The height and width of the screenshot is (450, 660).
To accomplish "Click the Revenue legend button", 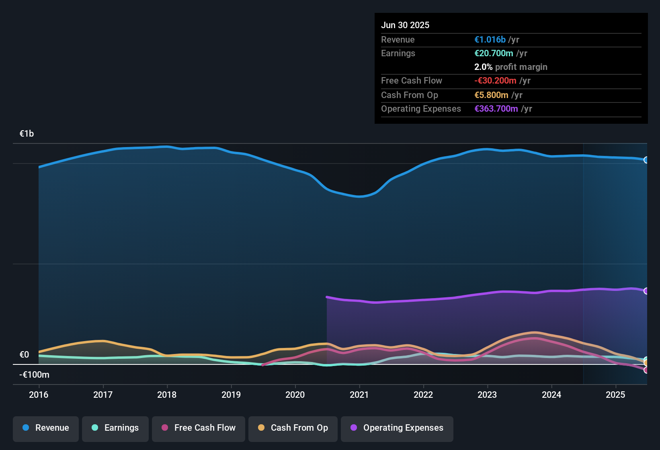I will [x=46, y=428].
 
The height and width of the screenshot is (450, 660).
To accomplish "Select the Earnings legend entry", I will [x=115, y=428].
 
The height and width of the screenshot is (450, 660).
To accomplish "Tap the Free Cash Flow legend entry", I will [x=199, y=428].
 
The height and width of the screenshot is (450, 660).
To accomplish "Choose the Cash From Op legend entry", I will [x=293, y=428].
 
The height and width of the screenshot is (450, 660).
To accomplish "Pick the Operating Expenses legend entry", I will [x=397, y=428].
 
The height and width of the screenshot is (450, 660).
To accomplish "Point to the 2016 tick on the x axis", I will [x=39, y=395].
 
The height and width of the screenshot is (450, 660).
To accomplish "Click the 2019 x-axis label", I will [x=231, y=395].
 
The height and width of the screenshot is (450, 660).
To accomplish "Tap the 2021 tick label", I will [x=359, y=395].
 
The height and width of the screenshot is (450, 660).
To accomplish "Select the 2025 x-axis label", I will [x=615, y=395].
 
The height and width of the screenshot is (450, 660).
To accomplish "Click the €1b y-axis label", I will [x=27, y=133].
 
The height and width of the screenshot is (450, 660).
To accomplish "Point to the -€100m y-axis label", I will [x=34, y=374].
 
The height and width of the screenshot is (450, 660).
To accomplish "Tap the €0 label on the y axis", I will [x=25, y=354].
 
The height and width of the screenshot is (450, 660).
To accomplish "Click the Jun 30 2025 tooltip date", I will [x=405, y=25].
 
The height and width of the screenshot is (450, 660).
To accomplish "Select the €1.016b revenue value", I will [x=490, y=39].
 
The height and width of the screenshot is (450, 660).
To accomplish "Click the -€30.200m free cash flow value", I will [x=495, y=80].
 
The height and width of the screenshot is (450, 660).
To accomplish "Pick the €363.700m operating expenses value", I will [x=496, y=108].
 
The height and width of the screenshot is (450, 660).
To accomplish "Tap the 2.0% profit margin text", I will [x=510, y=67].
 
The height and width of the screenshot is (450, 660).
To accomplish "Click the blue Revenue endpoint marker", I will [x=646, y=160].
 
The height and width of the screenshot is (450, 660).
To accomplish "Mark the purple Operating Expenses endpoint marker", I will [x=646, y=291].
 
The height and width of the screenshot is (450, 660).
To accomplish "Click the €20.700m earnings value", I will [x=494, y=53].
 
